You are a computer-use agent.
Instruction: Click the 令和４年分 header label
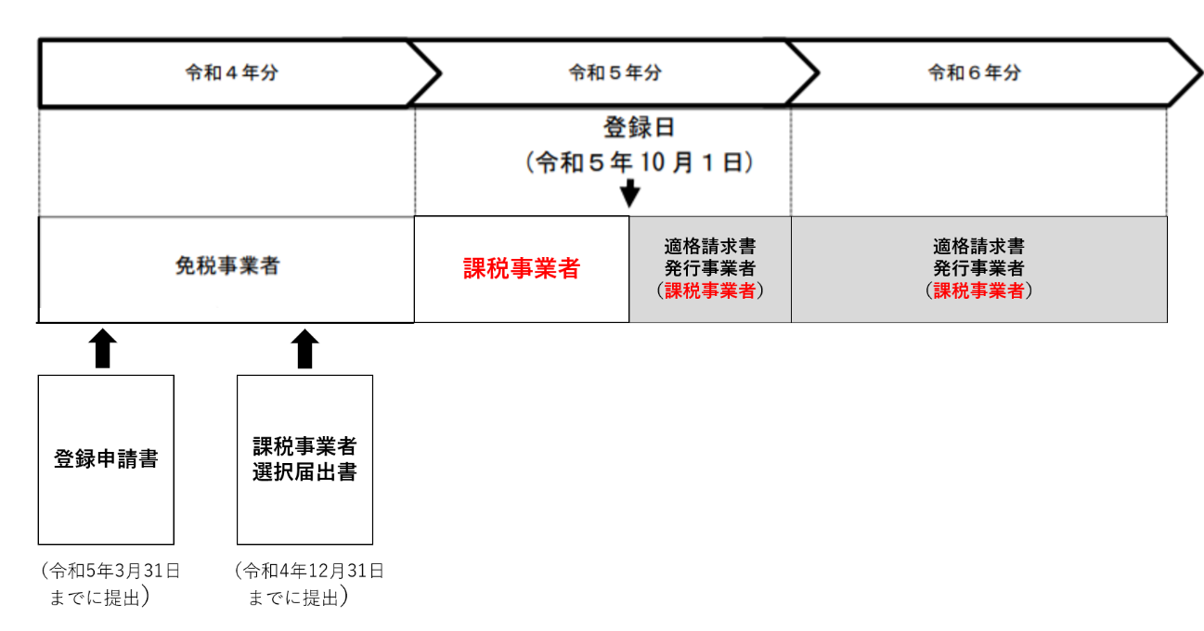tap(231, 73)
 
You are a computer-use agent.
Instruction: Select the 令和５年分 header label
tap(615, 73)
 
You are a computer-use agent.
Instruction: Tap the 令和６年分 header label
tap(974, 73)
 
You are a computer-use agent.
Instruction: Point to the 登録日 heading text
tap(639, 127)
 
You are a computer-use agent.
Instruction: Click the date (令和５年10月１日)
tap(639, 163)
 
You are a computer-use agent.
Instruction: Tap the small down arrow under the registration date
tap(630, 193)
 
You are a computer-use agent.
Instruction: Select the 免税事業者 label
tap(227, 266)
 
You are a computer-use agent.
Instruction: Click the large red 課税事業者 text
tap(522, 269)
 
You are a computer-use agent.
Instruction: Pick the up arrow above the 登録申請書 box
tap(103, 349)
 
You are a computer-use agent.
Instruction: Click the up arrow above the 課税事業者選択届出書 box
tap(304, 349)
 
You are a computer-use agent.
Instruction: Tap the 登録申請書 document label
tap(106, 459)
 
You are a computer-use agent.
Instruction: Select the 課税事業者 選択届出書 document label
tap(304, 458)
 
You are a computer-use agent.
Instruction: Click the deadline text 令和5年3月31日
tap(110, 571)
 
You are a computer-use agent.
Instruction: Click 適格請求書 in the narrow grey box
tap(709, 247)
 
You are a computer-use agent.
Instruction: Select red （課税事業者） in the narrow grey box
tap(709, 290)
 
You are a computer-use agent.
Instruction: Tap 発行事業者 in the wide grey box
tap(978, 268)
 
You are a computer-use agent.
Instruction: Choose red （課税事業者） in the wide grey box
tap(978, 290)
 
